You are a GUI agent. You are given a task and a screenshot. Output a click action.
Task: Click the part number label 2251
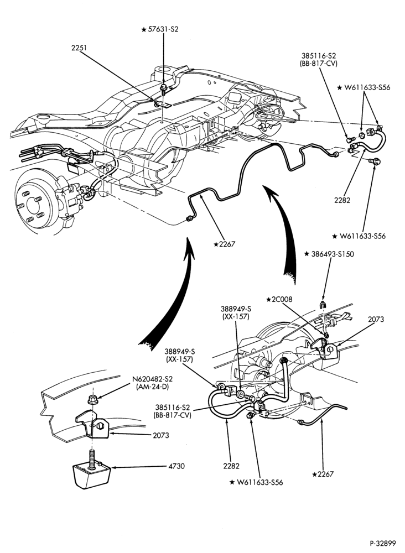[79, 48]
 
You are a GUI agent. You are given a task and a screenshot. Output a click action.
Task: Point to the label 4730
[176, 466]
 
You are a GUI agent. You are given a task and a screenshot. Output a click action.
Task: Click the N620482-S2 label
[152, 379]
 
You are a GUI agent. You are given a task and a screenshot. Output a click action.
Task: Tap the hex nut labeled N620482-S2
[93, 400]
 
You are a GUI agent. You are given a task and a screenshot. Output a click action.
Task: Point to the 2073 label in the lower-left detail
[161, 436]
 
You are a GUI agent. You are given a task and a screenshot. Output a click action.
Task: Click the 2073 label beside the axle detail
[376, 320]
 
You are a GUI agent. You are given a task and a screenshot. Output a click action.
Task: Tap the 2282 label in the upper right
[342, 200]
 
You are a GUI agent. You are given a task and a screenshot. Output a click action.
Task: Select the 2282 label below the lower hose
[231, 466]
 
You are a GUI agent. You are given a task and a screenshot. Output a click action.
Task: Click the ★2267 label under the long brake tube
[225, 244]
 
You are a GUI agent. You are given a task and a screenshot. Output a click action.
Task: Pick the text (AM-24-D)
[152, 387]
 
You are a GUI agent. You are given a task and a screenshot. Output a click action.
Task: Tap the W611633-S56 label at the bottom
[256, 482]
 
